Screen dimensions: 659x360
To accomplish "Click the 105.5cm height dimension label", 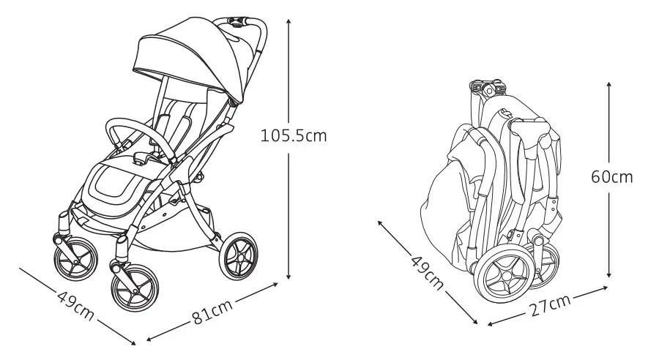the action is (x=294, y=135).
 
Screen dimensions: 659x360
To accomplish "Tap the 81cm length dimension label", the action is (x=212, y=312).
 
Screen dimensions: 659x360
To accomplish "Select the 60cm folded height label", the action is (x=611, y=177).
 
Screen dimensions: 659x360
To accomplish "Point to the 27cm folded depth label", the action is (x=549, y=305).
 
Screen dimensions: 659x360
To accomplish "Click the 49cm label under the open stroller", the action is (x=75, y=305).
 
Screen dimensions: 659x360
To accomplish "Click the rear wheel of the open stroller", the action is (x=238, y=255).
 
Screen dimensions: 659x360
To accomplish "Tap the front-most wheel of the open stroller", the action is (x=135, y=288).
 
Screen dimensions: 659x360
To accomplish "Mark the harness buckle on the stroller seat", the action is (x=141, y=157).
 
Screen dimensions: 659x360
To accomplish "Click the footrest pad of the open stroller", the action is (x=113, y=185).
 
